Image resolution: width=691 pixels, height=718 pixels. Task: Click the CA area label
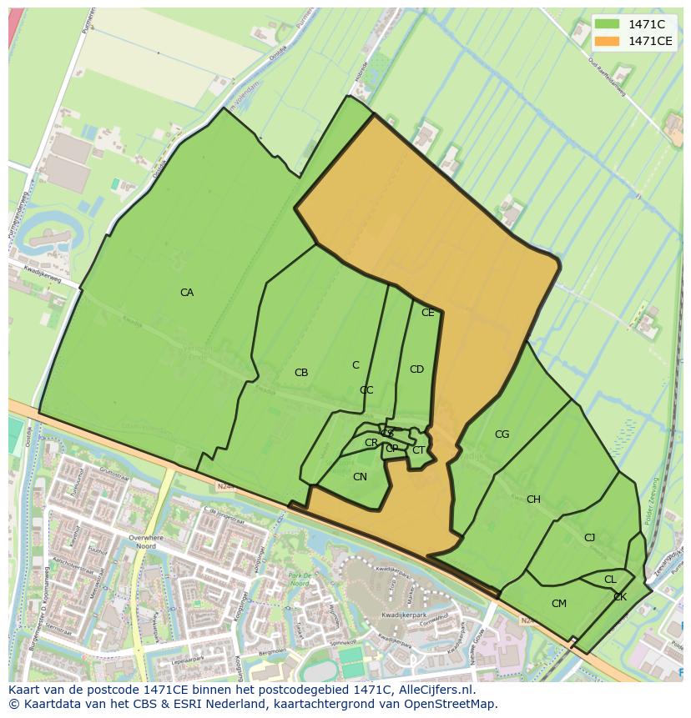tap(187, 293)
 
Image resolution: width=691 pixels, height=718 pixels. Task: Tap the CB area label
tap(301, 373)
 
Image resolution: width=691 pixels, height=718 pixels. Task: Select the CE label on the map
tap(428, 313)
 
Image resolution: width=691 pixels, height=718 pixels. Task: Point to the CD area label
tap(416, 369)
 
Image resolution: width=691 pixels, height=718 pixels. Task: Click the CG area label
tap(502, 434)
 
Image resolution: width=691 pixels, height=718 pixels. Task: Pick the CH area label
tap(533, 500)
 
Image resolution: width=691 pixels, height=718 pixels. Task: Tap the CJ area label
tap(589, 538)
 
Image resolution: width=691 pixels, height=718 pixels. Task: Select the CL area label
tap(610, 580)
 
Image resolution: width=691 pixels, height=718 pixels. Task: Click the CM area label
tap(559, 604)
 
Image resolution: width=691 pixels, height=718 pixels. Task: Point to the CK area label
tap(620, 597)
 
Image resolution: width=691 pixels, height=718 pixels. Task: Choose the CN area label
tap(360, 477)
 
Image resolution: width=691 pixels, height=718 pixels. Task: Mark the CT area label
tap(418, 450)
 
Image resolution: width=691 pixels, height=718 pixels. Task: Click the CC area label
tap(366, 390)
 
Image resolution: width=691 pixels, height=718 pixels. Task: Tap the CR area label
tap(371, 443)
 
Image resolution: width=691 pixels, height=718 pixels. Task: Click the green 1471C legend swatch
tap(608, 23)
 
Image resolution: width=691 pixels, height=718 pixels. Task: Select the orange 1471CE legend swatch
tap(608, 40)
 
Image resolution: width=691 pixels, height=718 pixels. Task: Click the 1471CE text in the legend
tap(650, 40)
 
